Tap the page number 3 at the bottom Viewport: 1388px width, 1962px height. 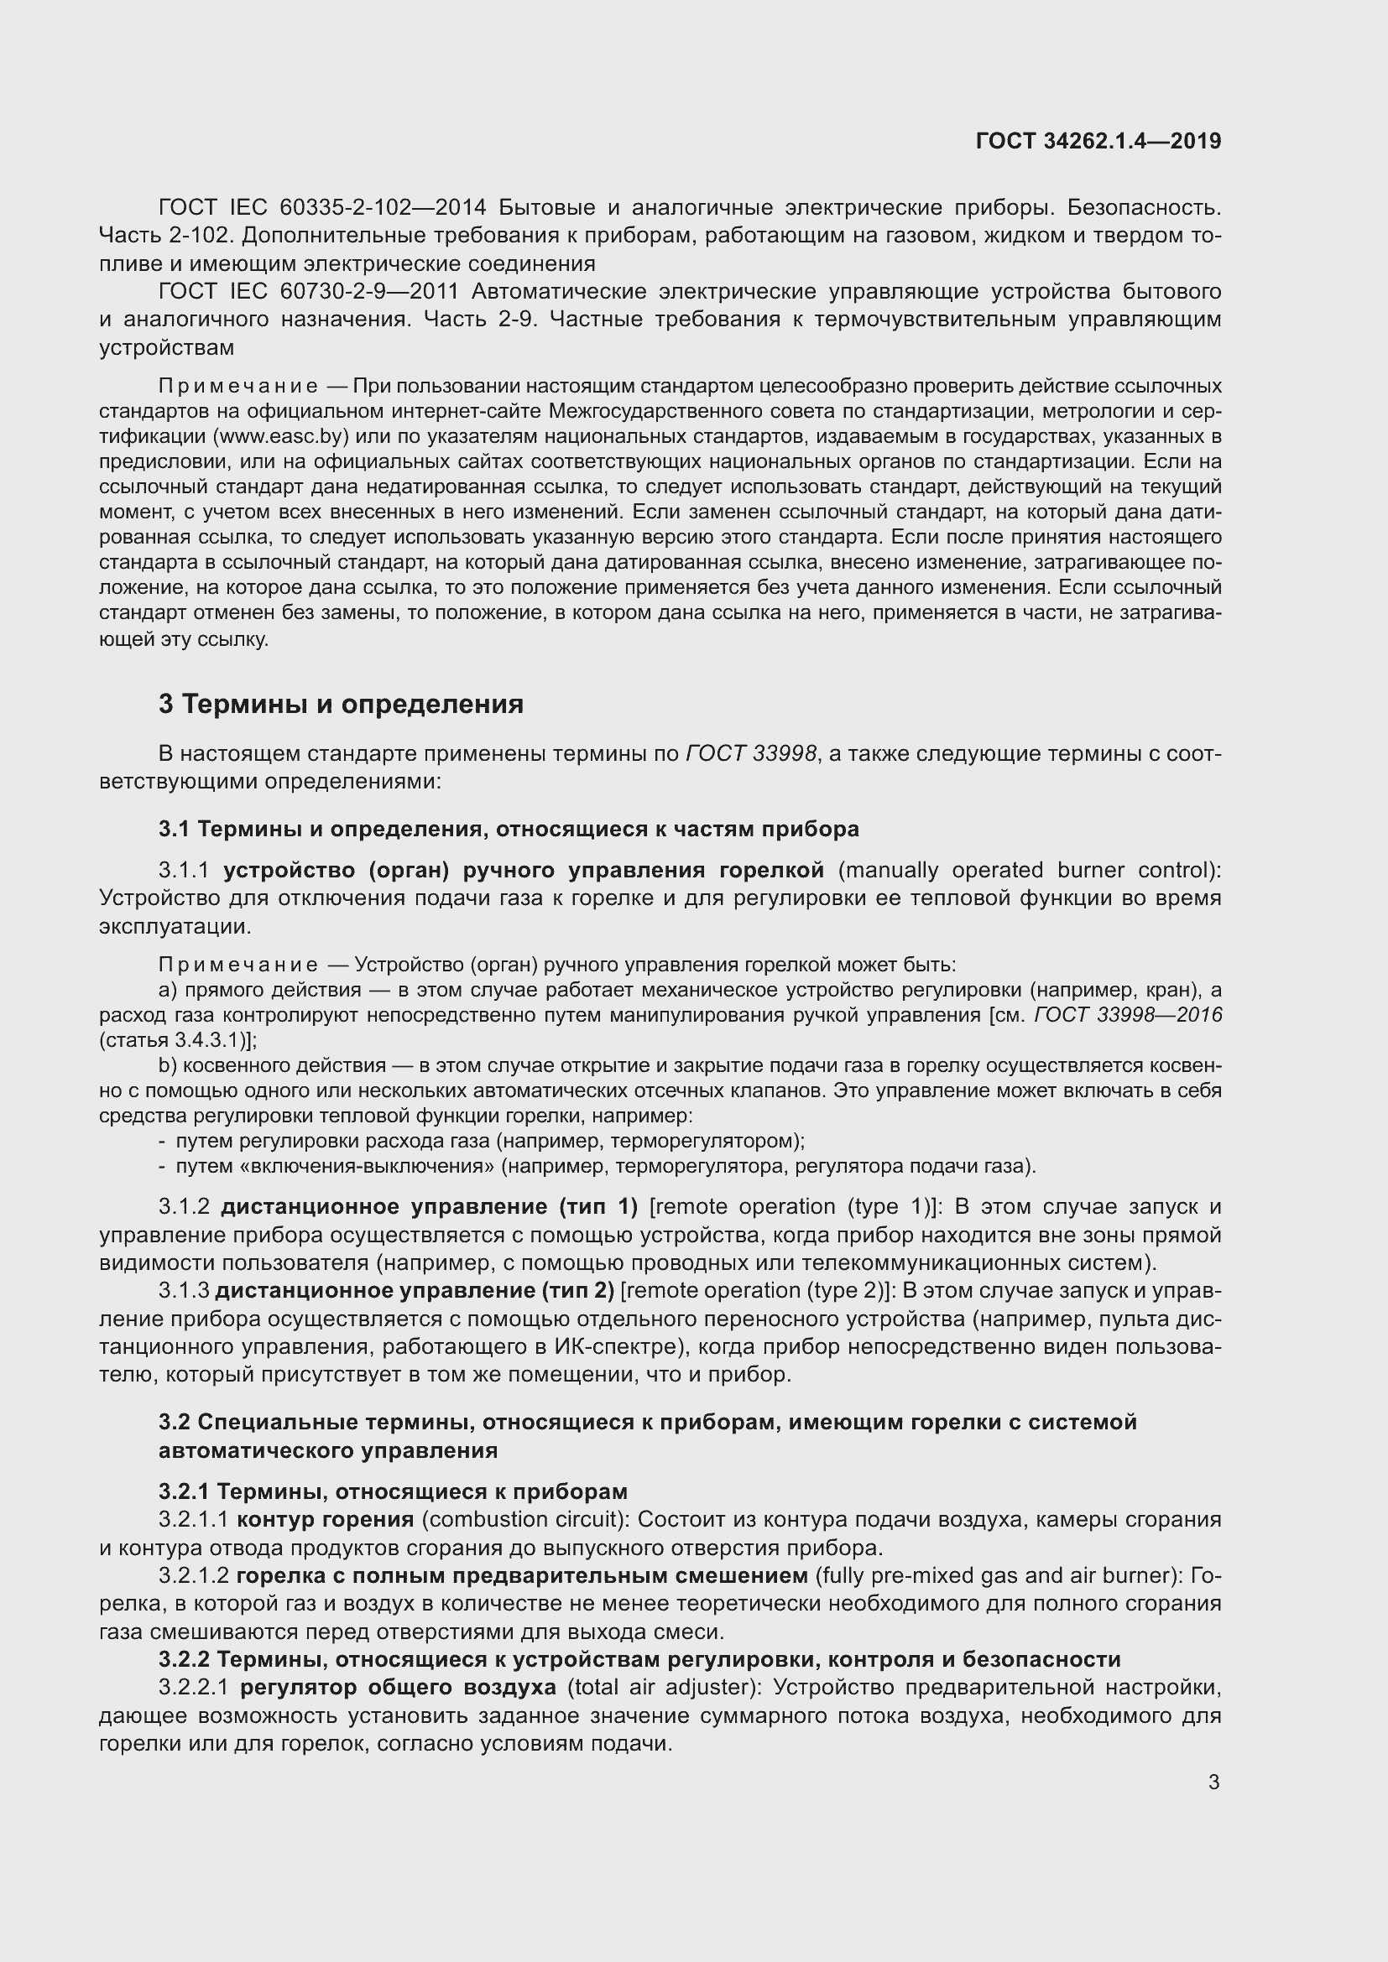[x=1213, y=1782]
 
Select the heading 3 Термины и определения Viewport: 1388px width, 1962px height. [x=340, y=704]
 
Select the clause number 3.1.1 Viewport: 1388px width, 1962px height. [x=184, y=871]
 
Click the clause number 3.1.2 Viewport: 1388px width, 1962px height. [x=184, y=1207]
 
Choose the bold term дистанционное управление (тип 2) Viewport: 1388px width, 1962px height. [x=415, y=1291]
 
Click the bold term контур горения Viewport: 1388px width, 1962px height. [x=325, y=1520]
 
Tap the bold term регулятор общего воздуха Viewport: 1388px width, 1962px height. [x=399, y=1688]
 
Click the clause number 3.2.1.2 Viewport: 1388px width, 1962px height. [x=194, y=1576]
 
